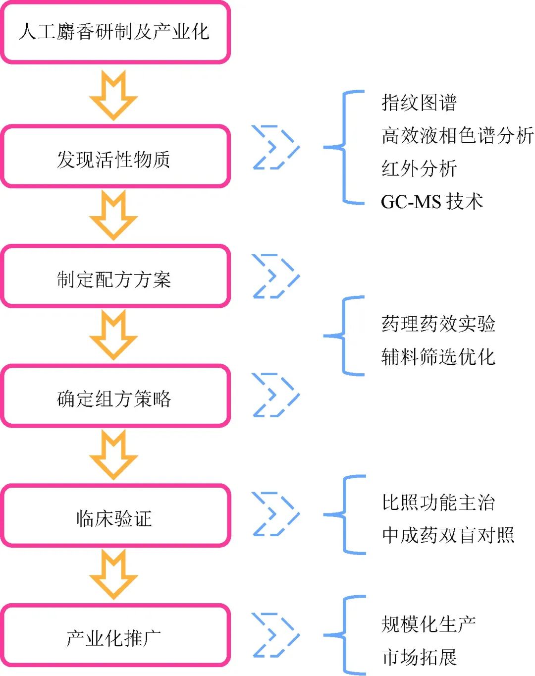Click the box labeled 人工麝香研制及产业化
[x=115, y=32]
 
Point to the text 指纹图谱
[x=419, y=103]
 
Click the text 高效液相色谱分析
[x=457, y=135]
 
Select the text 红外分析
[x=419, y=169]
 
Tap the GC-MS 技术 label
[x=431, y=201]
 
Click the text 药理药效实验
[x=438, y=324]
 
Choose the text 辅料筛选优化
[x=438, y=356]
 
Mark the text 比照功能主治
[x=438, y=502]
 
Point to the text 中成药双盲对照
[x=448, y=535]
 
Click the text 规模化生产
[x=428, y=624]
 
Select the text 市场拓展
[x=419, y=657]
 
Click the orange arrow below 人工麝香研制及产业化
[x=113, y=95]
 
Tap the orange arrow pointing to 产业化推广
[x=113, y=574]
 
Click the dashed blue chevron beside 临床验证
[x=275, y=514]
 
